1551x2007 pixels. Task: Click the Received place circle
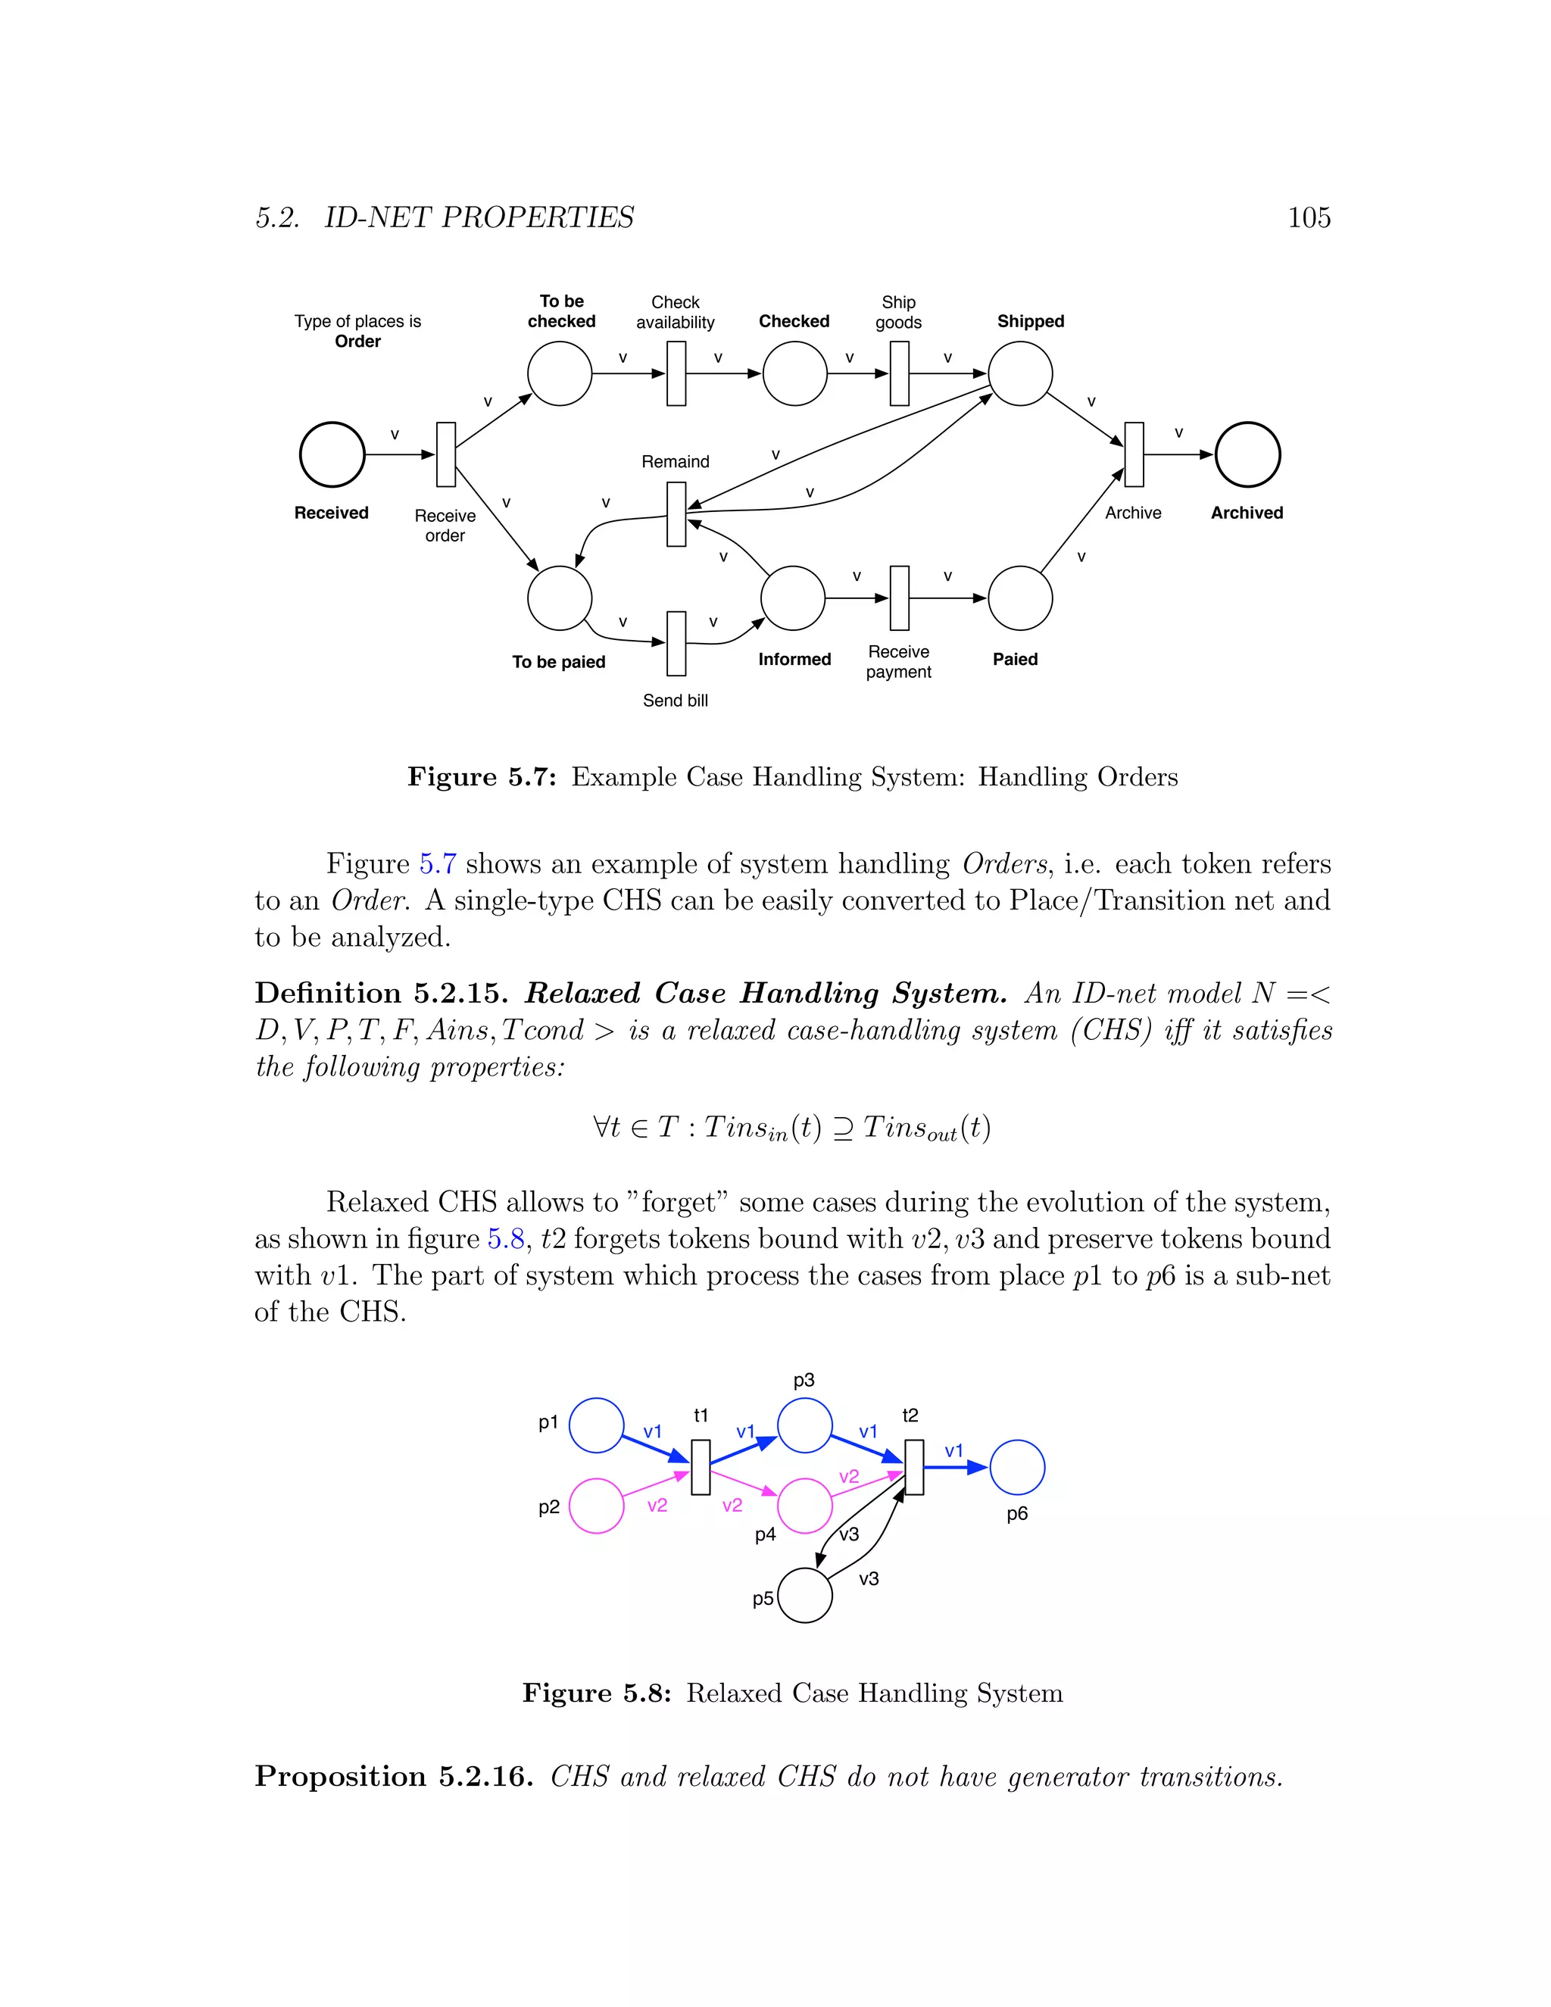(x=332, y=454)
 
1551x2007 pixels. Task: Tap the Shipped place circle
(x=1020, y=373)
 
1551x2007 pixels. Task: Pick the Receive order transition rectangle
(x=445, y=454)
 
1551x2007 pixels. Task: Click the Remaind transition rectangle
(x=676, y=514)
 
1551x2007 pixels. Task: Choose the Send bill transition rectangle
(x=676, y=643)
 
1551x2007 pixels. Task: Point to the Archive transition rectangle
(x=1134, y=454)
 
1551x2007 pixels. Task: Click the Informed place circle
(x=793, y=598)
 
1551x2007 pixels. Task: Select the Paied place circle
(x=1020, y=598)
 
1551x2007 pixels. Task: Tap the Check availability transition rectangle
(x=676, y=373)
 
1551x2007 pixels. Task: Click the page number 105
(x=1309, y=218)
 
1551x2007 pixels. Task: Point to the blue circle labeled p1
(x=596, y=1425)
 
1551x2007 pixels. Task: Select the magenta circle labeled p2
(x=596, y=1506)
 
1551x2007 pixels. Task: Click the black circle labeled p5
(x=805, y=1595)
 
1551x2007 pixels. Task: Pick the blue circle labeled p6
(x=1017, y=1468)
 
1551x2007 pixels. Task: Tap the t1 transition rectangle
(x=701, y=1468)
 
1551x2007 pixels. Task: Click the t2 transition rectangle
(x=914, y=1468)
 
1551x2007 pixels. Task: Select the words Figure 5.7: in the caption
(x=482, y=778)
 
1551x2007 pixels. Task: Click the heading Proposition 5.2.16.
(x=393, y=1776)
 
